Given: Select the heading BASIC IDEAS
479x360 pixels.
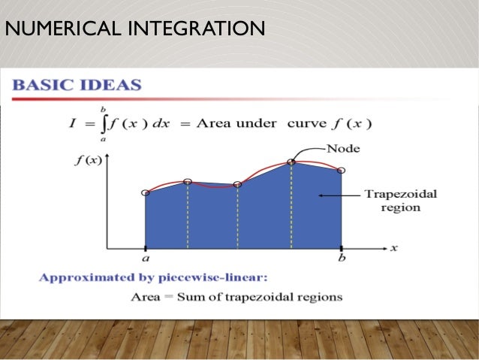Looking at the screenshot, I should pyautogui.click(x=77, y=84).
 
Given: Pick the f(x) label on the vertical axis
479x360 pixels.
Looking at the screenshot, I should pyautogui.click(x=90, y=159).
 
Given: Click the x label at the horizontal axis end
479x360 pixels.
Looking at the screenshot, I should pyautogui.click(x=394, y=247).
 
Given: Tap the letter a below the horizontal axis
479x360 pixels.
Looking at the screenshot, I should pyautogui.click(x=145, y=258).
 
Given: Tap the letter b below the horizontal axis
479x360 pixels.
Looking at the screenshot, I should pyautogui.click(x=342, y=258).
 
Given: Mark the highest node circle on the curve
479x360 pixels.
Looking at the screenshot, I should pyautogui.click(x=291, y=162).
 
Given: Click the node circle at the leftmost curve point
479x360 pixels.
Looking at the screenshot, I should pyautogui.click(x=146, y=193).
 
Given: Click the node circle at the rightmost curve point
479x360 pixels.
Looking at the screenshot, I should pyautogui.click(x=342, y=171).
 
